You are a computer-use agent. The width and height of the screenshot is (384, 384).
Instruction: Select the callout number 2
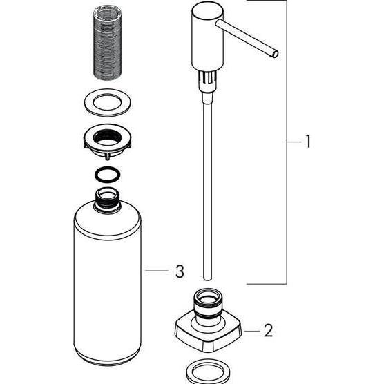pos(269,331)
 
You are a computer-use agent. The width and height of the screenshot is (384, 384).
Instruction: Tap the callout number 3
pos(180,272)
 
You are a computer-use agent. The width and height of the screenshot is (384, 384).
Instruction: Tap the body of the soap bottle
pos(106,283)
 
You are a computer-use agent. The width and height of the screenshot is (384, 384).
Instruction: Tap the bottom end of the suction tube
pos(206,273)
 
